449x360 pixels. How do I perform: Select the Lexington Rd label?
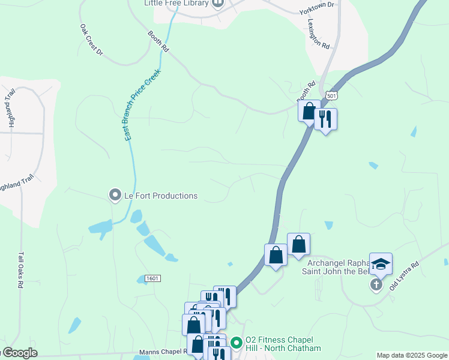click(x=319, y=33)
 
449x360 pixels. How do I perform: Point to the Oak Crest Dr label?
click(x=91, y=40)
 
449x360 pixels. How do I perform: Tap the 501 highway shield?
click(x=331, y=95)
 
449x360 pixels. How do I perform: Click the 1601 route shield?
click(x=152, y=278)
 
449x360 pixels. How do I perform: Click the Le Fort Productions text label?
click(x=160, y=196)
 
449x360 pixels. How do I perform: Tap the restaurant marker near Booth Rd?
click(x=325, y=119)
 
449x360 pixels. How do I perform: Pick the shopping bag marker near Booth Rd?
click(x=309, y=111)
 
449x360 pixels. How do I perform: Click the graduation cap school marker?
click(x=381, y=263)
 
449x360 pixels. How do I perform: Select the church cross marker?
click(x=376, y=284)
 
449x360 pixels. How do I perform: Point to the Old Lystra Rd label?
click(x=404, y=275)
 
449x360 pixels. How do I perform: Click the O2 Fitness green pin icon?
click(x=237, y=343)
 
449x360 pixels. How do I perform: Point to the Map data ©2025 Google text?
click(x=412, y=355)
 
